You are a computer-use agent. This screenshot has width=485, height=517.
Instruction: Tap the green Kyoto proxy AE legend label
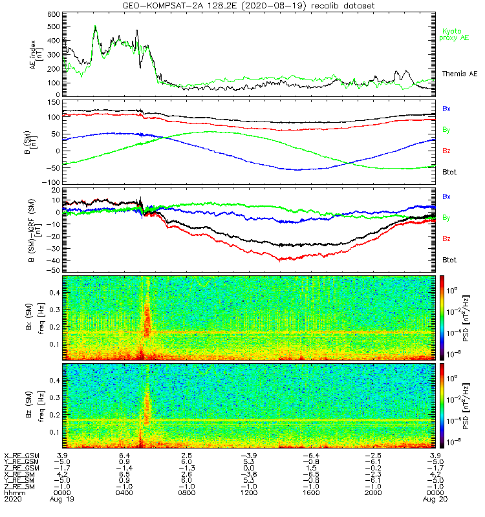[x=455, y=34]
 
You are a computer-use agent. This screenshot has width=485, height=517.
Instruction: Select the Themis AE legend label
[x=457, y=74]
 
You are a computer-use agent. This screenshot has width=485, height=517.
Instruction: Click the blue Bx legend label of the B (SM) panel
[x=447, y=108]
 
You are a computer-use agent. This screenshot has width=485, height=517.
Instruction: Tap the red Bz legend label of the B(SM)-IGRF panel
[x=447, y=239]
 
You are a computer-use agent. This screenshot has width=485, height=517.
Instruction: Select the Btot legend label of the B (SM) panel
[x=449, y=171]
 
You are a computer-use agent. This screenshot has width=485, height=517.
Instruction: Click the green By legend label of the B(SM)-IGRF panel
[x=447, y=217]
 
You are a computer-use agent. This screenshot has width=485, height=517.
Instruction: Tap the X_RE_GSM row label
[x=21, y=456]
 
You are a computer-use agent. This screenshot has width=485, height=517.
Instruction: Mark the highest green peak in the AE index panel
[x=96, y=26]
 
